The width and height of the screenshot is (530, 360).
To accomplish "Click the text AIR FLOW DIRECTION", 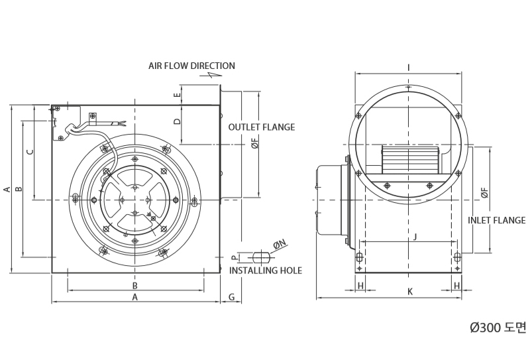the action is click(x=191, y=66).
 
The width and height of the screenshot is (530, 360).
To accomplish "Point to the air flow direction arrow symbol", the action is click(x=211, y=75).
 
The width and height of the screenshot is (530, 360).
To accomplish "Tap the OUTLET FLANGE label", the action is click(x=262, y=127).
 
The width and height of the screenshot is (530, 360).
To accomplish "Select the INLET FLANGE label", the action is click(x=496, y=220).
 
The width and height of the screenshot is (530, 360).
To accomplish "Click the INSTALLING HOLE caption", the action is click(x=266, y=270).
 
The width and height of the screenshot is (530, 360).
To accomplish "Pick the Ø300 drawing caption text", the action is click(x=498, y=327).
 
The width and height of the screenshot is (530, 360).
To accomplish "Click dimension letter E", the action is click(x=178, y=95).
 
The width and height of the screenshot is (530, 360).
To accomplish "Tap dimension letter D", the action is click(x=178, y=121).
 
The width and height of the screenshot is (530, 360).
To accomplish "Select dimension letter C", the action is click(x=30, y=152).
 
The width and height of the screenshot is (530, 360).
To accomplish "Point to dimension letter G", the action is click(x=231, y=297).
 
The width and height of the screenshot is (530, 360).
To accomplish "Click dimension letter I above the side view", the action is click(x=409, y=68).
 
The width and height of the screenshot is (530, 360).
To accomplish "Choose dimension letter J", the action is click(x=415, y=237).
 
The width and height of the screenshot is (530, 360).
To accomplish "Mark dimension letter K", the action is click(x=410, y=292).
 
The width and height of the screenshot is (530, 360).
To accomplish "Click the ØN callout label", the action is click(x=280, y=244).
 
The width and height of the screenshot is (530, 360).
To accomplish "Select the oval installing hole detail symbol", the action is click(x=262, y=257).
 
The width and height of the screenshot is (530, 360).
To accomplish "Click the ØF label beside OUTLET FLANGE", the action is click(x=255, y=143).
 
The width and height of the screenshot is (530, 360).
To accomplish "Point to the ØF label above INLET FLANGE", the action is click(x=485, y=193).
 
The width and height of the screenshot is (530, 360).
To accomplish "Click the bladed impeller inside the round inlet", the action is click(x=410, y=160).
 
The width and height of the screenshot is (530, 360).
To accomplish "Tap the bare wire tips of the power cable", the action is click(x=123, y=123).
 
